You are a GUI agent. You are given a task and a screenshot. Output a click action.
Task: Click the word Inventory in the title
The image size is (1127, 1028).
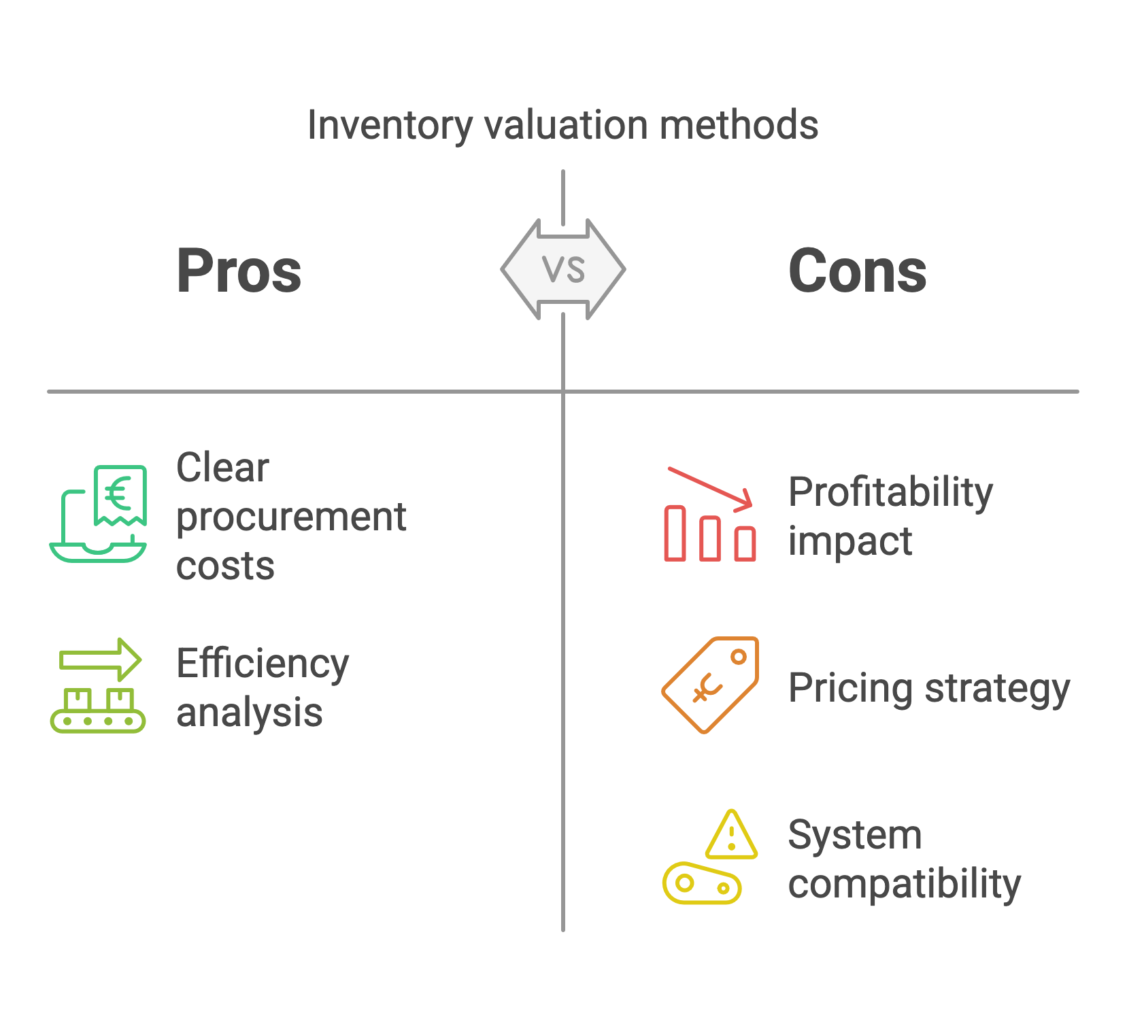pos(390,126)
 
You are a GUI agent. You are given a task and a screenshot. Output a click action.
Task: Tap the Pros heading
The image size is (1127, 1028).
pos(239,271)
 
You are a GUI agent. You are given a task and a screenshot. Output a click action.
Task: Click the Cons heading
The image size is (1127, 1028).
pos(857,271)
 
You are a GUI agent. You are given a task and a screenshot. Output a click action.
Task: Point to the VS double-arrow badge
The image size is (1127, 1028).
pos(563,269)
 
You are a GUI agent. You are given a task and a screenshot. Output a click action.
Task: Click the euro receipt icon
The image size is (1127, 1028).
pos(120,495)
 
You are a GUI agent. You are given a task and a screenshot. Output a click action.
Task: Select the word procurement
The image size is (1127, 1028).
pos(291,517)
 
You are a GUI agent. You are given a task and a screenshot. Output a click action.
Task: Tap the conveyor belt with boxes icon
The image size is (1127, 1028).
pos(98,710)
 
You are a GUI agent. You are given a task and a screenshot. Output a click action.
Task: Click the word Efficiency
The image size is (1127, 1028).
pos(263,664)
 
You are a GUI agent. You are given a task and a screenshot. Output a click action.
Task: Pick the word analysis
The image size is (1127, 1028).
pos(249,713)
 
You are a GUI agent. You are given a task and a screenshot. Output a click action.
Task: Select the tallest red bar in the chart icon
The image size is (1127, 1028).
pos(675,533)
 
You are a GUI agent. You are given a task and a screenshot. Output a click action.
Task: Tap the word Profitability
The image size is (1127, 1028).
pos(890,492)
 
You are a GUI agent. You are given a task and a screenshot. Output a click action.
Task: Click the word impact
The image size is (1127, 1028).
pos(850,541)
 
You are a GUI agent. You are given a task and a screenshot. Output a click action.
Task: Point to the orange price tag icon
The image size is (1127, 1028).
pos(710,685)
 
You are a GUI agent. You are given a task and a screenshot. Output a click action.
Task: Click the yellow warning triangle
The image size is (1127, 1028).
pos(731,836)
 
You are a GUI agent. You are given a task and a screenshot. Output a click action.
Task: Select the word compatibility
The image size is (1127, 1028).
pos(905,885)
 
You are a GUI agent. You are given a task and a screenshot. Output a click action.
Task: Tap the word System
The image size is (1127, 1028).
pos(855,835)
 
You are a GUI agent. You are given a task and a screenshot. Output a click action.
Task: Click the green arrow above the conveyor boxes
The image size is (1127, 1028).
pos(100,659)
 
